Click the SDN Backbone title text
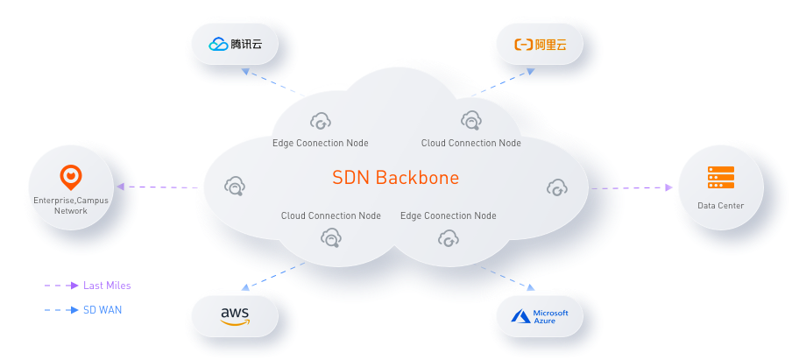click(395, 178)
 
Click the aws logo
click(235, 314)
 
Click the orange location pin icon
click(71, 178)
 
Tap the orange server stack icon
click(720, 178)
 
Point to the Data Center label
click(720, 206)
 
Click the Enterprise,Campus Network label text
click(71, 205)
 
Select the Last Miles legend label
click(107, 286)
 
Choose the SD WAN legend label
click(103, 309)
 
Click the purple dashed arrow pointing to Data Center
click(631, 187)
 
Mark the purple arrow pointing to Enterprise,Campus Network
click(158, 187)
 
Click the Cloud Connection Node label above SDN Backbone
click(470, 143)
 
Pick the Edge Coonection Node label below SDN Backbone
click(448, 215)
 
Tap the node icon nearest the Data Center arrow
click(556, 187)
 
